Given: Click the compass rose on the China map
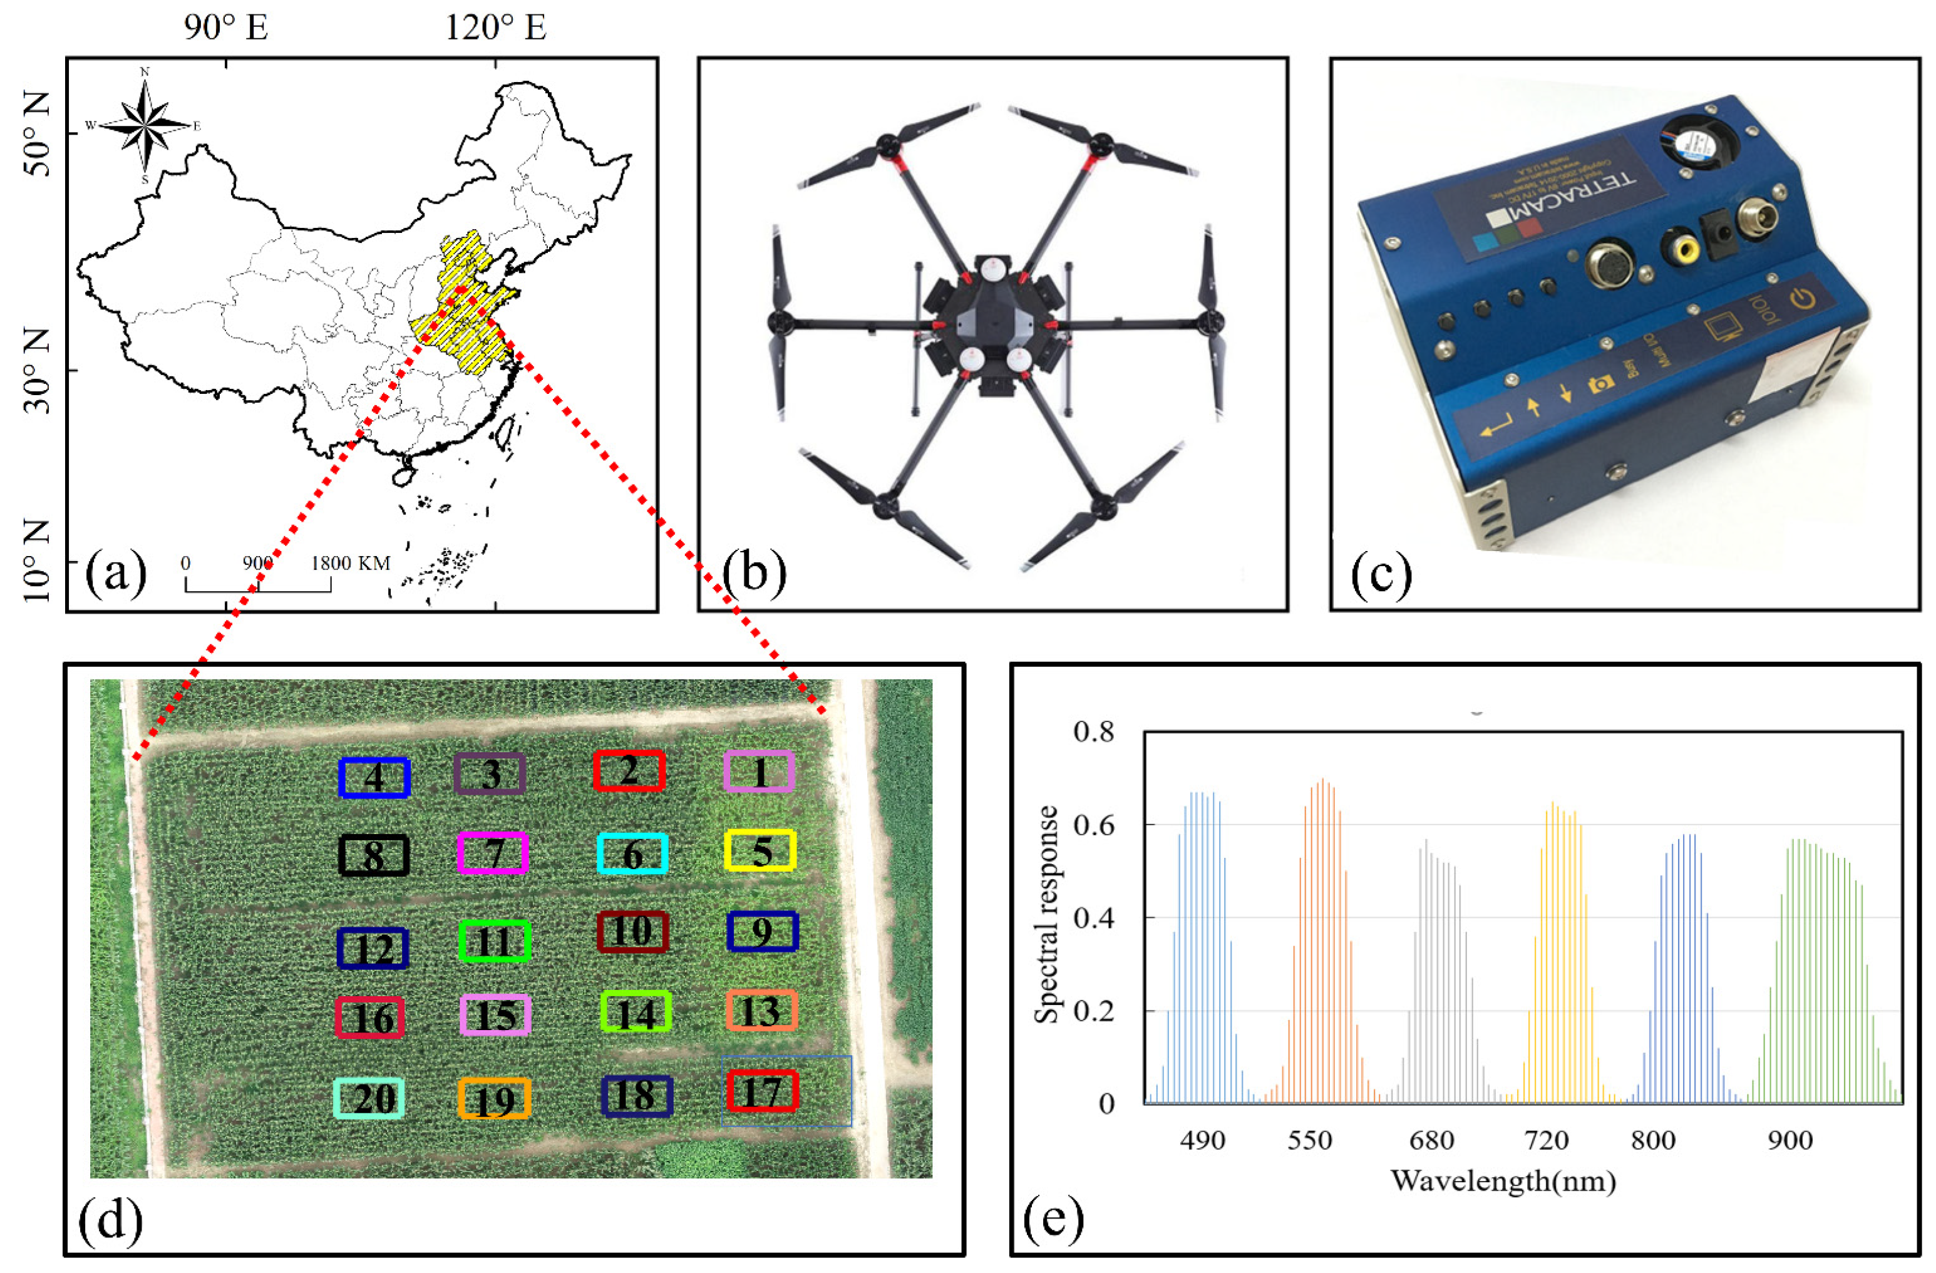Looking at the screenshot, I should point(145,125).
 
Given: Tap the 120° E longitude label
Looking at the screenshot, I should point(495,28).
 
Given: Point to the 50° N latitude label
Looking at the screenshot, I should point(36,134).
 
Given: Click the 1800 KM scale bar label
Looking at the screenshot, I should point(351,563).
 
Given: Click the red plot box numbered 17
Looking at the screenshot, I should point(762,1091).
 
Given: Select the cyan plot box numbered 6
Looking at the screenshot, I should point(632,854).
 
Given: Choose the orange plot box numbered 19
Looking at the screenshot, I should point(494,1099).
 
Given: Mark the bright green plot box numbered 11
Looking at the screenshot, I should point(495,941).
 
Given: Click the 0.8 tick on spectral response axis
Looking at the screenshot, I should point(1093,732).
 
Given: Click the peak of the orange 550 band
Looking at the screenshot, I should point(1322,781).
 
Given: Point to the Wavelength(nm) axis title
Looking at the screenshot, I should point(1503,1181).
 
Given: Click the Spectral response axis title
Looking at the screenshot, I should point(1047,914).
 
